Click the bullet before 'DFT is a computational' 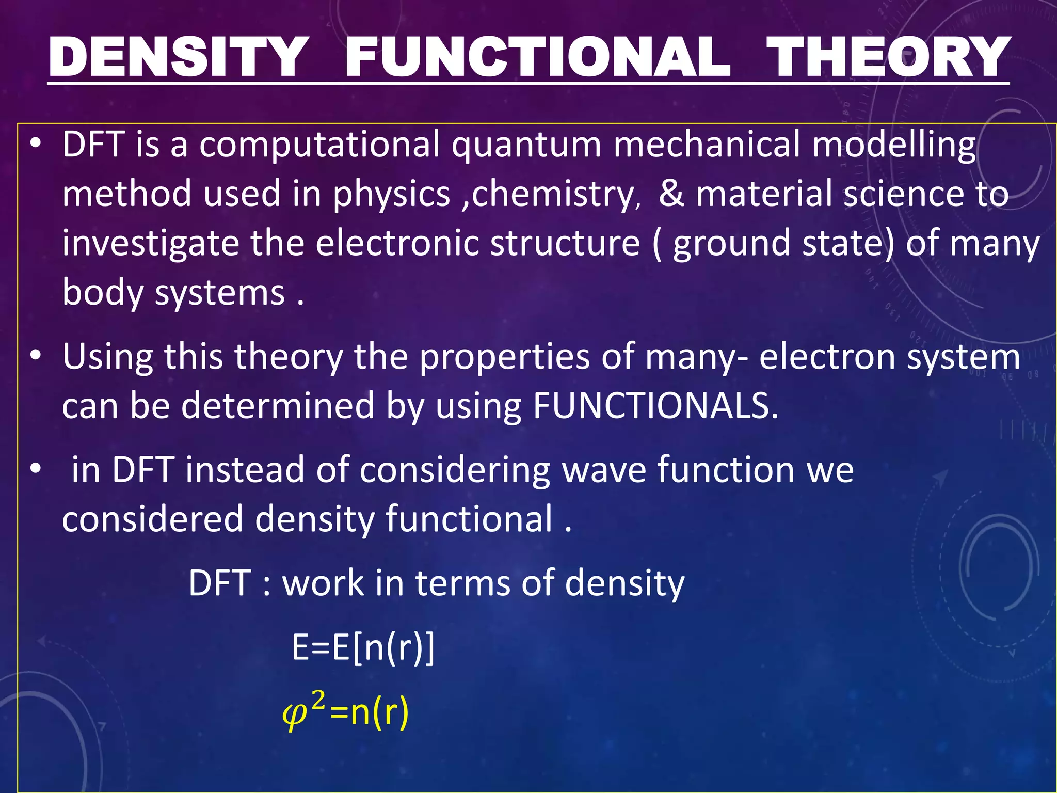click(x=35, y=145)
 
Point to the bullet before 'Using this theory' click(x=35, y=357)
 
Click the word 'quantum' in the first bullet click(x=526, y=145)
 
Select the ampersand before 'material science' click(x=671, y=194)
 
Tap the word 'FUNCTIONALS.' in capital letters click(x=655, y=406)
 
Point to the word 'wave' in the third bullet click(x=604, y=470)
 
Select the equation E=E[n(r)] click(x=363, y=647)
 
